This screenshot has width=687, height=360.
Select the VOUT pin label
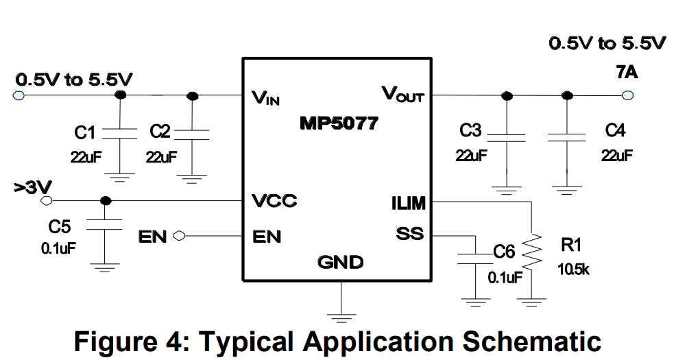coord(402,94)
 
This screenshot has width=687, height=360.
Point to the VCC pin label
coord(274,202)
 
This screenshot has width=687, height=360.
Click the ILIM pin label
coord(408,204)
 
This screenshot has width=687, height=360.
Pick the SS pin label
coord(410,235)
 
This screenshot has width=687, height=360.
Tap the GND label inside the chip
coord(340,261)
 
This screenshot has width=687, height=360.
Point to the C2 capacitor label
coord(159,131)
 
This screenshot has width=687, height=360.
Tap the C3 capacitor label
coord(471,130)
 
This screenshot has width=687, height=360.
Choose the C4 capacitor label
coord(616,130)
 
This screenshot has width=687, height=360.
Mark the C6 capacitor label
coord(504,252)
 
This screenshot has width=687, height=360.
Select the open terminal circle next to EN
coord(180,237)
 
